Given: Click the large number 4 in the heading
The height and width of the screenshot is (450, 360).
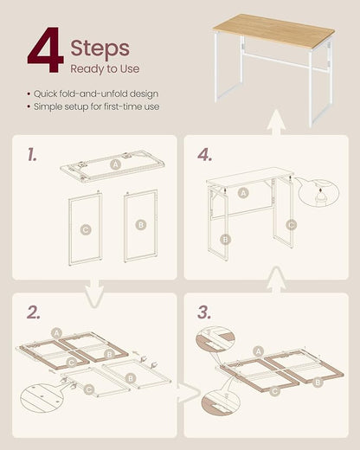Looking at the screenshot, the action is pyautogui.click(x=46, y=49).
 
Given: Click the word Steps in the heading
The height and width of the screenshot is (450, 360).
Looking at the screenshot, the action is pyautogui.click(x=100, y=48).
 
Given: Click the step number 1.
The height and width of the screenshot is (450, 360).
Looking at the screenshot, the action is pyautogui.click(x=32, y=154).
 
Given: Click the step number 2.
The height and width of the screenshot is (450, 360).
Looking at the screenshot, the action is pyautogui.click(x=34, y=312).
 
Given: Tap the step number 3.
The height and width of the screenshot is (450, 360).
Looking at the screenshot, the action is pyautogui.click(x=204, y=312).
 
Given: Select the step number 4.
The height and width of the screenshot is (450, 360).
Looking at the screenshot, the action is pyautogui.click(x=205, y=155).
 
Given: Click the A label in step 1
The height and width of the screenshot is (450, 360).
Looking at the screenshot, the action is pyautogui.click(x=115, y=164).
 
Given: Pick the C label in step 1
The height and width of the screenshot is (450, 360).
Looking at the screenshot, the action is pyautogui.click(x=86, y=229).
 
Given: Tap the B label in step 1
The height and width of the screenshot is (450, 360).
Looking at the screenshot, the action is pyautogui.click(x=141, y=224).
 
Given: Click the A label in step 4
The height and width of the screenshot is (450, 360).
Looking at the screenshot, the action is pyautogui.click(x=243, y=193).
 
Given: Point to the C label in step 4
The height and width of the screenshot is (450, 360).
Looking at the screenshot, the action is pyautogui.click(x=292, y=225).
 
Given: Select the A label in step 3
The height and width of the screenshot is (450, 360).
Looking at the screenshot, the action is pyautogui.click(x=258, y=351).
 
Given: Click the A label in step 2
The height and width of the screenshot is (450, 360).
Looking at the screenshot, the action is pyautogui.click(x=56, y=333).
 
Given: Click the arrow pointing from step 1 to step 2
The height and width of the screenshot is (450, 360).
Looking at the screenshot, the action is pyautogui.click(x=94, y=292).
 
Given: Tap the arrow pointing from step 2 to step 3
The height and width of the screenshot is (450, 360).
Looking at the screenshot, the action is pyautogui.click(x=188, y=393).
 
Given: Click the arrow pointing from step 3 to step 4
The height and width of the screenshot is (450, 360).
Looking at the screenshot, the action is pyautogui.click(x=276, y=280).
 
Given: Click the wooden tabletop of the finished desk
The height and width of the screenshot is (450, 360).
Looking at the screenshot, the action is pyautogui.click(x=273, y=29).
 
